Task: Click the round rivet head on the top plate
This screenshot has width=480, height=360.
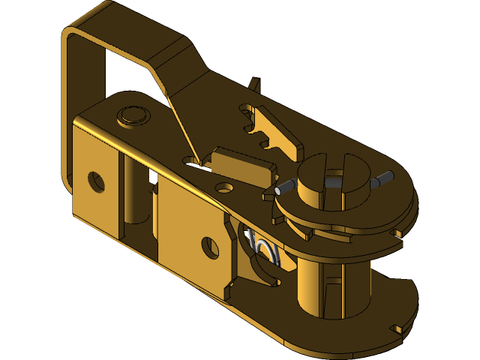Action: [133, 115]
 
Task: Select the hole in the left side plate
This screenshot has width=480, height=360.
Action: [96, 181]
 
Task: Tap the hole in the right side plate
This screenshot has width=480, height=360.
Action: [210, 247]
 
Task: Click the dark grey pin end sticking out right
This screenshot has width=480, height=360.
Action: [383, 178]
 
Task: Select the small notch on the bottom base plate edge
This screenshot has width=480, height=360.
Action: [397, 328]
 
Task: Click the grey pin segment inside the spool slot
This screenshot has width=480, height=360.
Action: [337, 181]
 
